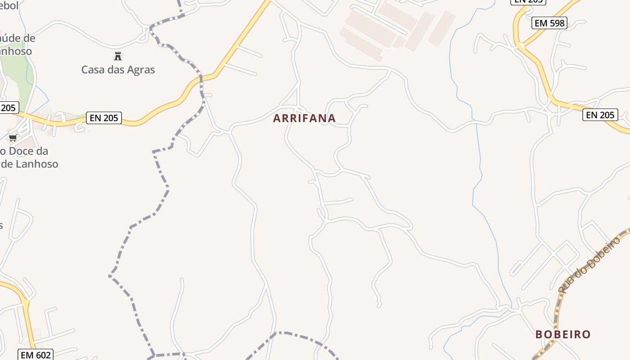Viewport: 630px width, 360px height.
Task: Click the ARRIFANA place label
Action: (304, 118)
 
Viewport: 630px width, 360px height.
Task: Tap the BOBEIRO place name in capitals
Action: (563, 334)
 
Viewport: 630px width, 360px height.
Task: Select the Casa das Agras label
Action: (118, 70)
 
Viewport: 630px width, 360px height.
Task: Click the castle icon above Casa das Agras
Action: (118, 56)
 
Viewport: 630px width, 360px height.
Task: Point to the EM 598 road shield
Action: (549, 23)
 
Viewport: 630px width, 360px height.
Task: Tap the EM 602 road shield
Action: (36, 355)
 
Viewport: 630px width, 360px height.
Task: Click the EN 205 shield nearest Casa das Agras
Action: (104, 118)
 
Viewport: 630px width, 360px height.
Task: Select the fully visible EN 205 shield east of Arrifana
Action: (600, 115)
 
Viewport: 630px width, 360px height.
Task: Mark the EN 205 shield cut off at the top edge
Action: (528, 1)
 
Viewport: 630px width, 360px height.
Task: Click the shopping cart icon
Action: (13, 138)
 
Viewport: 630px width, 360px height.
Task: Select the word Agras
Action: (141, 70)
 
